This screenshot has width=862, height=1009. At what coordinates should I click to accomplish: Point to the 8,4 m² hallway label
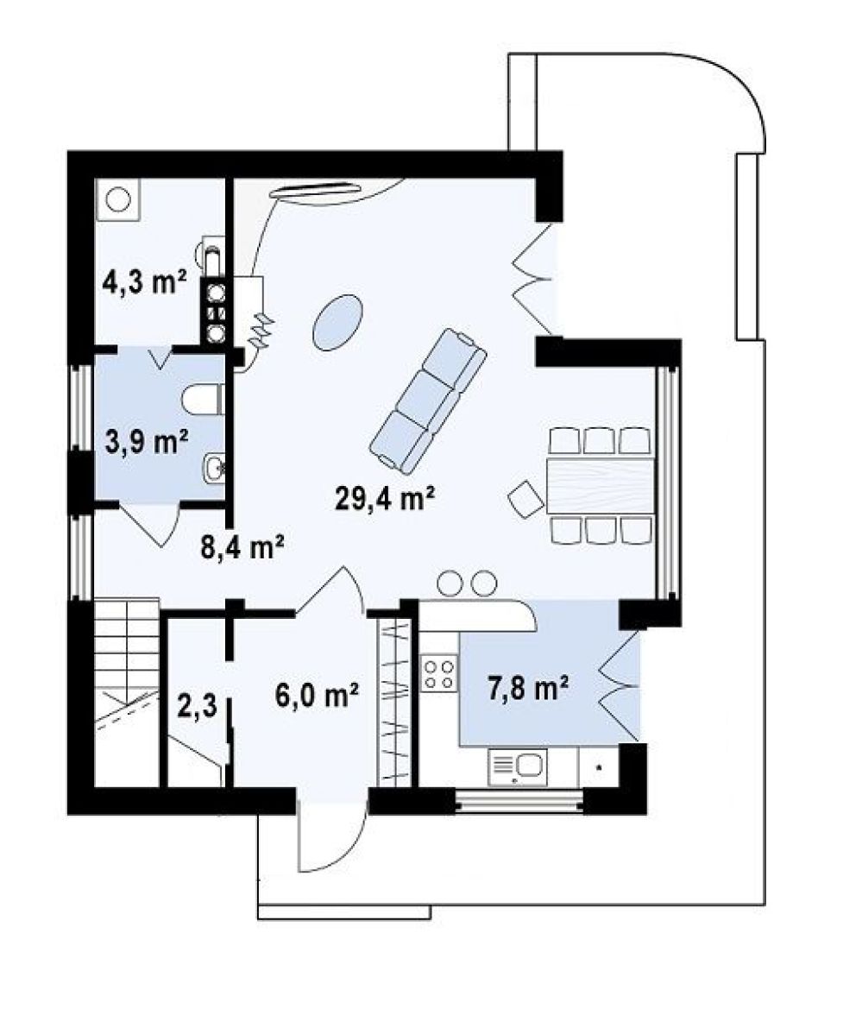pos(242,547)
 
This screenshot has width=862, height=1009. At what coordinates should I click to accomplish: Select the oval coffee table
pos(337,322)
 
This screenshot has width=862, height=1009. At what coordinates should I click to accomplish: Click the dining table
pos(601,485)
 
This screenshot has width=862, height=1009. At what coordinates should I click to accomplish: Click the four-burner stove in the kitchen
pos(439,674)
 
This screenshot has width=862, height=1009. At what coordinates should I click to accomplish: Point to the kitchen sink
pos(518,767)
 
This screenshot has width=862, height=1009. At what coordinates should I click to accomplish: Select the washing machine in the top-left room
pos(117,199)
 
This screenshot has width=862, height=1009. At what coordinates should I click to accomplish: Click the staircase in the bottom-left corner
pos(127,692)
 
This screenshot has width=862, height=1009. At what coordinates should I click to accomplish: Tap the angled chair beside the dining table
pos(526,497)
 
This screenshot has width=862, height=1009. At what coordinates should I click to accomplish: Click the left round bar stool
pos(450,583)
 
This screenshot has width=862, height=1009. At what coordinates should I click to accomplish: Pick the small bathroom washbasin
pos(213,468)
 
